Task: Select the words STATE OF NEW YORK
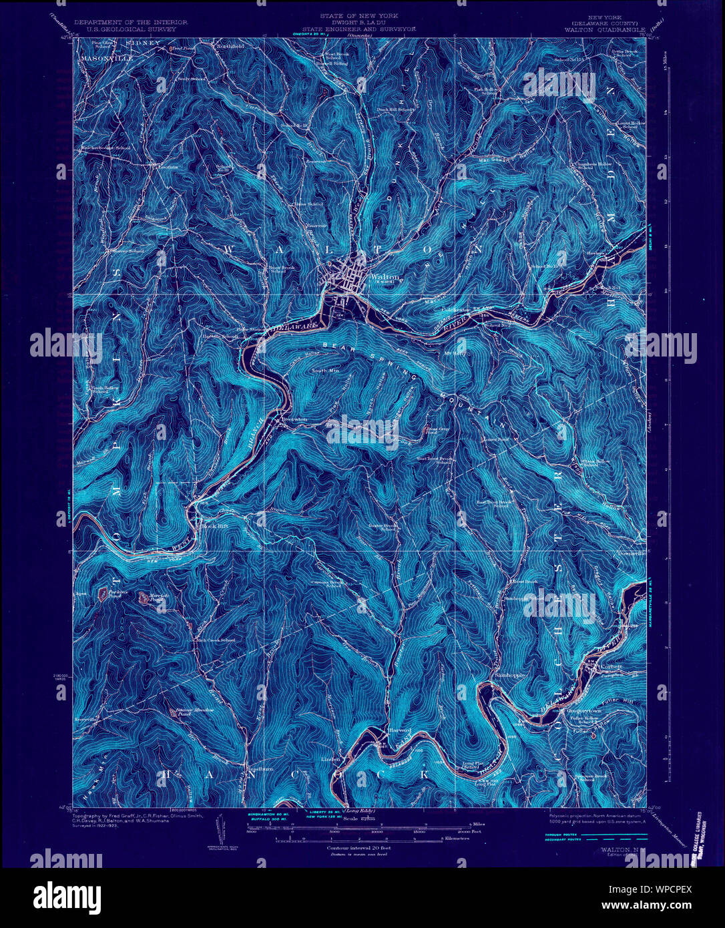[358, 15]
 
